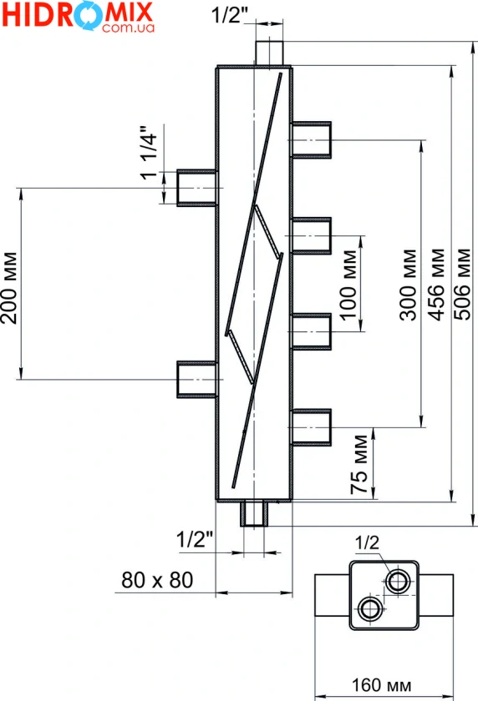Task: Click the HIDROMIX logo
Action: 78,16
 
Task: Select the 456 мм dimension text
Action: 436,285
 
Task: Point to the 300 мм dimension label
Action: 408,285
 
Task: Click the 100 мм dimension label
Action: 348,285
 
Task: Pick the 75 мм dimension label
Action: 359,465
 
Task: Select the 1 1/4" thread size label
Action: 149,153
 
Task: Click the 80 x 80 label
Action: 157,580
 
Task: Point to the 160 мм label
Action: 381,685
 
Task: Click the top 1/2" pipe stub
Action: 269,53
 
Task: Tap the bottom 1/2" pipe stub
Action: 254,513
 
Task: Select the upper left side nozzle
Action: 197,188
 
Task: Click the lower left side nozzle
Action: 197,379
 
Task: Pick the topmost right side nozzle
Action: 312,140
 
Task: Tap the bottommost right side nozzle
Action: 312,427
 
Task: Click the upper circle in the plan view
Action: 398,582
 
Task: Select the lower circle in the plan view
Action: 370,608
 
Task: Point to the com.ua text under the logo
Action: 128,28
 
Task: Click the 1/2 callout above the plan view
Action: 367,543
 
